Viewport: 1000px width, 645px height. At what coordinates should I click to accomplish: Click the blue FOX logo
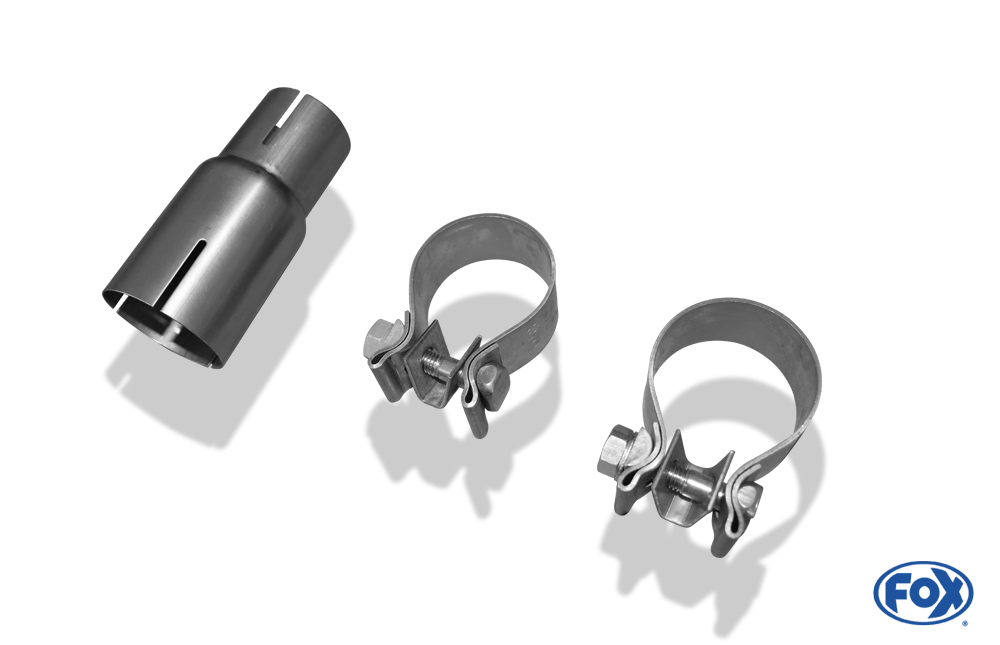coord(923,593)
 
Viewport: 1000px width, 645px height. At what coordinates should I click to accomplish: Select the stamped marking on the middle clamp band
coord(531,334)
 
